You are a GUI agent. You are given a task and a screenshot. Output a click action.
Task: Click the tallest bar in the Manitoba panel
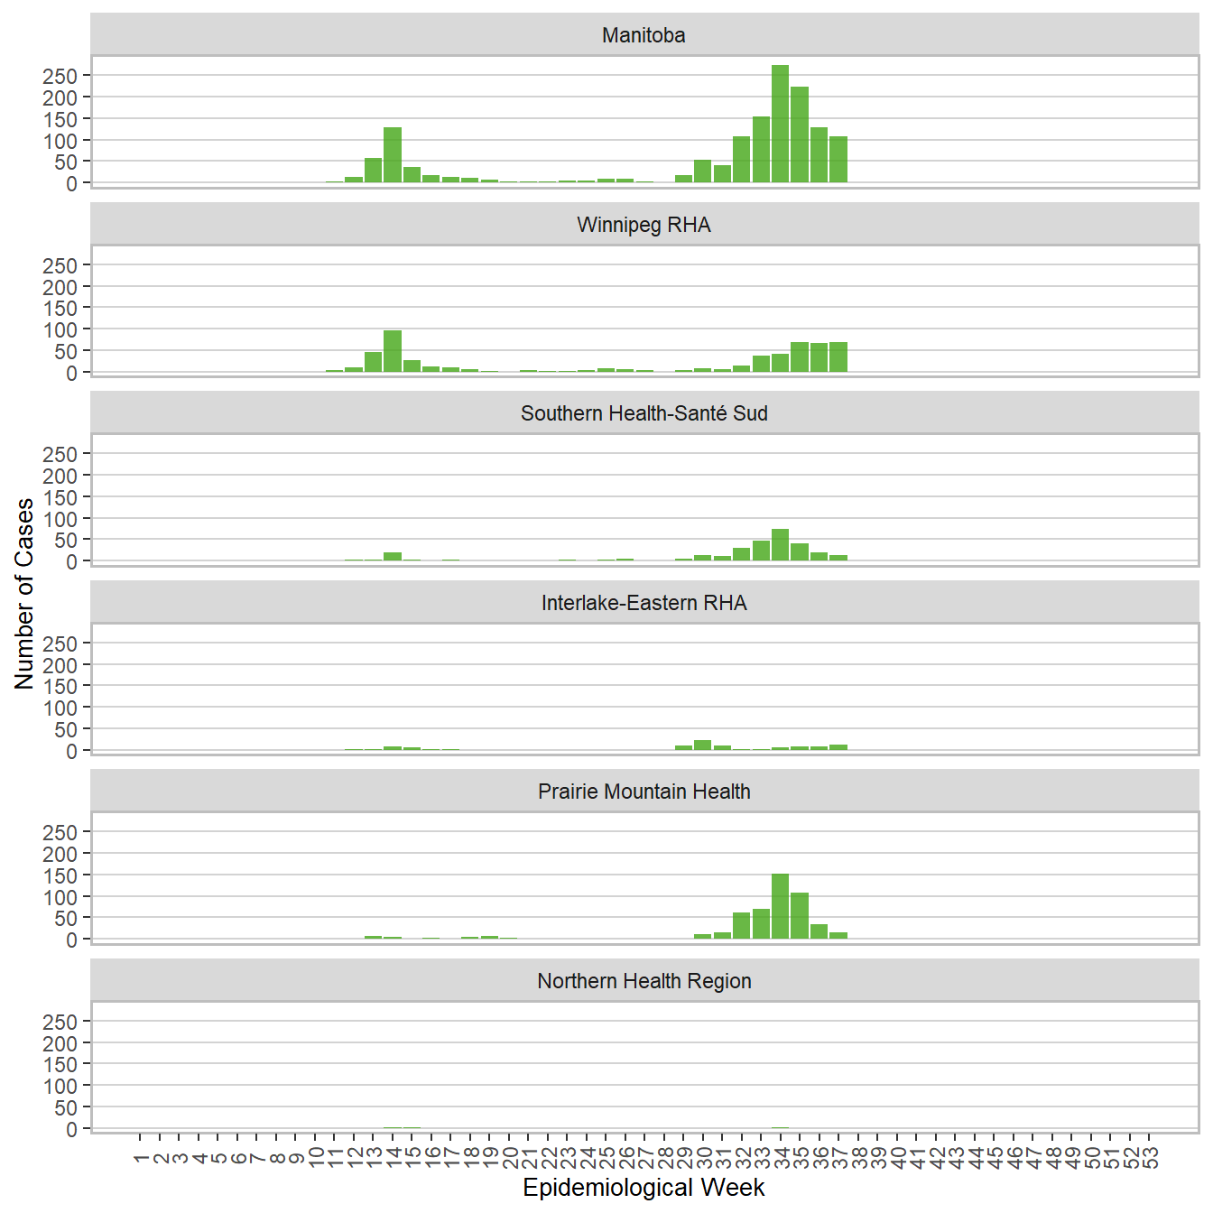pyautogui.click(x=781, y=125)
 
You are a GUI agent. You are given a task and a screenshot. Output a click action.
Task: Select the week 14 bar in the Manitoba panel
pyautogui.click(x=393, y=155)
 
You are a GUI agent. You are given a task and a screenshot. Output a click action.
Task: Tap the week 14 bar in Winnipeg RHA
pyautogui.click(x=393, y=352)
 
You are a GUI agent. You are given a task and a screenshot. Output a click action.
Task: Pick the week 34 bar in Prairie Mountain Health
pyautogui.click(x=781, y=907)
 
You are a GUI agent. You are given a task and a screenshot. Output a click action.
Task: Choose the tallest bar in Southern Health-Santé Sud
pyautogui.click(x=781, y=545)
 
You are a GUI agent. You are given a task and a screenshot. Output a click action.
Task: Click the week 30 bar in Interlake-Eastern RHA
pyautogui.click(x=703, y=745)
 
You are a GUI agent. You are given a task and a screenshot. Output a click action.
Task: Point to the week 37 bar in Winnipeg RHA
pyautogui.click(x=838, y=357)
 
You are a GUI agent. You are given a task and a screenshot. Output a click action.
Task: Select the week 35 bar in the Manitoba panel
pyautogui.click(x=800, y=135)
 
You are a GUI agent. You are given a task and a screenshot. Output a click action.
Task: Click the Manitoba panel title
pyautogui.click(x=644, y=35)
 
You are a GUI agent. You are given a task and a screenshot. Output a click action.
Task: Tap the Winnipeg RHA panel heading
pyautogui.click(x=644, y=225)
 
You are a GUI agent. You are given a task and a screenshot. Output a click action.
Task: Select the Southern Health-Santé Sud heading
pyautogui.click(x=644, y=413)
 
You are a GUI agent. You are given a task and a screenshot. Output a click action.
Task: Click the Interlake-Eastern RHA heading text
pyautogui.click(x=644, y=603)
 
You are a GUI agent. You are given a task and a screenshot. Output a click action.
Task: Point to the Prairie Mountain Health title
pyautogui.click(x=644, y=792)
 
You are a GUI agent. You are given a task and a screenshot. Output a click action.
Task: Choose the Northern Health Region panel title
pyautogui.click(x=644, y=981)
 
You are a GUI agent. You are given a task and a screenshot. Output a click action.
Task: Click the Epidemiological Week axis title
pyautogui.click(x=644, y=1188)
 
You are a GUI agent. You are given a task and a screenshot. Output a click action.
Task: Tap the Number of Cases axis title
pyautogui.click(x=24, y=593)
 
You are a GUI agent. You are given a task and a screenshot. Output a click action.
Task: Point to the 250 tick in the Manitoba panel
pyautogui.click(x=60, y=76)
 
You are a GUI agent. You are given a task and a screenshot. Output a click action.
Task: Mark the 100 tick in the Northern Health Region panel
pyautogui.click(x=60, y=1086)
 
